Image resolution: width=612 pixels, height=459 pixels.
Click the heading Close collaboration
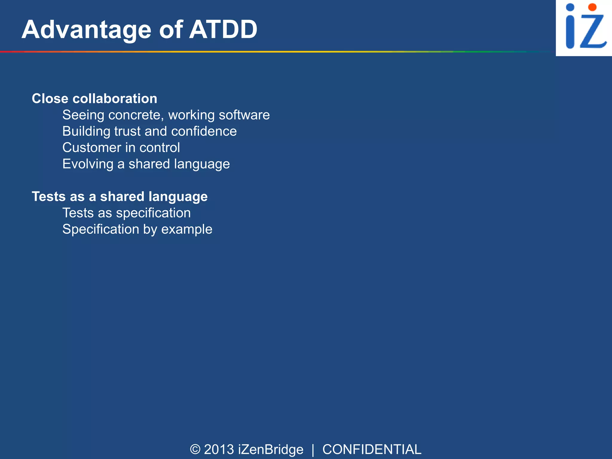coord(94,99)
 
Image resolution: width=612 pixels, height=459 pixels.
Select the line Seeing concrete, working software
coord(166,115)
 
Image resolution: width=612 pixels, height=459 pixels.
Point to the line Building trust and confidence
coord(149,131)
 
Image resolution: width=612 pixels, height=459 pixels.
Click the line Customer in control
coord(121,148)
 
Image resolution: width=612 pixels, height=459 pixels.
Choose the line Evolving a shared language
coord(146,164)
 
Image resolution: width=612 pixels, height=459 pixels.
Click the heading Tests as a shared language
coord(120,197)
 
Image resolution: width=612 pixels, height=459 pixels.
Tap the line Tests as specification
coord(126,213)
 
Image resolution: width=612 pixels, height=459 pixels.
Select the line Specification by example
coord(137,229)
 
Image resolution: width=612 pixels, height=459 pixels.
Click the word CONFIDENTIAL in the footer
coord(372,449)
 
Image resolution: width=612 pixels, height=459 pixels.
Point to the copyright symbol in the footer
coord(195,449)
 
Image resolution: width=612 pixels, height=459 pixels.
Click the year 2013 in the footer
coord(219,449)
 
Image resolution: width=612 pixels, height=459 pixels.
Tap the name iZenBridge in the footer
coord(270,449)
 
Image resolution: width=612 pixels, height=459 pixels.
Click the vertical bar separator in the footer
coord(313,450)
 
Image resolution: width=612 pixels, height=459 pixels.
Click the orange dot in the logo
coord(592,7)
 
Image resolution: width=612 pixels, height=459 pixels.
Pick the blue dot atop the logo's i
coord(570,7)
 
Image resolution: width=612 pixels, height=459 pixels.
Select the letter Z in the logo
coord(593,31)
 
